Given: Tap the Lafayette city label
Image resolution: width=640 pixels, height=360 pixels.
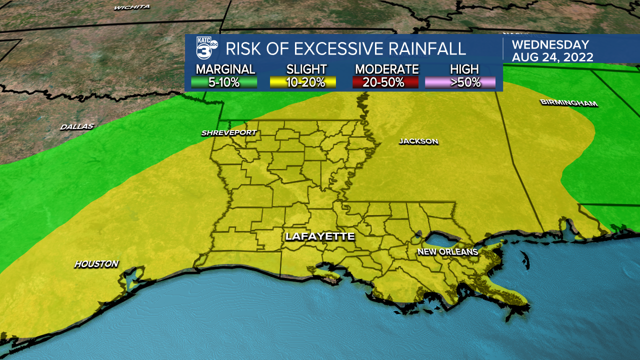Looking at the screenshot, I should [x=320, y=236].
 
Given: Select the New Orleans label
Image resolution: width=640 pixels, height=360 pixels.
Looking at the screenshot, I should [x=448, y=251].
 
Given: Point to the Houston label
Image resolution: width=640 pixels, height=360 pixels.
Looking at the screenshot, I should [x=96, y=263].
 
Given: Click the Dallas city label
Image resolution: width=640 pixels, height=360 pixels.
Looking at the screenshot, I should [x=77, y=126].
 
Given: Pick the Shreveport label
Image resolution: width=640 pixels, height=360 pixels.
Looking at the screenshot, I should [x=229, y=132].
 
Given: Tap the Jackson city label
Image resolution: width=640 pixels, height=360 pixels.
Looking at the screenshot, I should [x=418, y=141].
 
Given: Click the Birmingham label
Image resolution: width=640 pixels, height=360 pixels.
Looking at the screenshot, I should [x=568, y=103].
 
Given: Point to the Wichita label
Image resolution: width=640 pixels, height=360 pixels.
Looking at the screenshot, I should [x=132, y=7].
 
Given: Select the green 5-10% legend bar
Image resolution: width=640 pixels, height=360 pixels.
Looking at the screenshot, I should [x=224, y=82].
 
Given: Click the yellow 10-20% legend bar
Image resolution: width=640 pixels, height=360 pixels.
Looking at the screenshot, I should [x=302, y=82].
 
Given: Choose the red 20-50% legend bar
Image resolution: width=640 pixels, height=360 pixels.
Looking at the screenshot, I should [x=385, y=82].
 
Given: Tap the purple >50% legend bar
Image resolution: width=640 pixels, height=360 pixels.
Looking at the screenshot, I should [x=460, y=82].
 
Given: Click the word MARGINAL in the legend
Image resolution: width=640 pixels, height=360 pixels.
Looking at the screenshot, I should [x=225, y=69].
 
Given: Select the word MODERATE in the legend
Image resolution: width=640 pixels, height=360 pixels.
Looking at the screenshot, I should [x=386, y=69].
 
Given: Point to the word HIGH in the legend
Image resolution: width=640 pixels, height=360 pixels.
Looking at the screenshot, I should [x=464, y=69].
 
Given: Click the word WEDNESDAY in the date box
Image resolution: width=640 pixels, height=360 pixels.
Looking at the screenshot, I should [x=550, y=45].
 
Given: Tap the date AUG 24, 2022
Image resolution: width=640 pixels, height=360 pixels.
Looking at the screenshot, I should [x=552, y=57].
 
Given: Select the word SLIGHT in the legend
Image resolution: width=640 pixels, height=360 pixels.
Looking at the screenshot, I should [x=306, y=69].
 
